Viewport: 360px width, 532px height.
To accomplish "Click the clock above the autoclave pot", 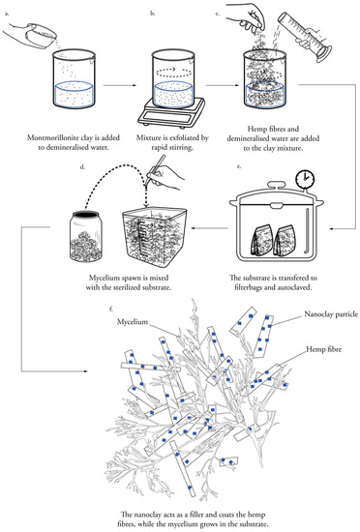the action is tap(305, 179).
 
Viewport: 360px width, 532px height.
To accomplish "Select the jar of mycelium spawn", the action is tap(85, 236).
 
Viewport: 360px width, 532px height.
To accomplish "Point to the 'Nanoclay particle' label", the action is tap(331, 314).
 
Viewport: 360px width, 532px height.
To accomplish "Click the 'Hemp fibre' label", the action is tap(323, 349).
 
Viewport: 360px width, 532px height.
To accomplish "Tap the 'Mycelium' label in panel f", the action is tap(133, 322).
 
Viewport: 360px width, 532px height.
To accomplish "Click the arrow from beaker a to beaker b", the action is tap(120, 85).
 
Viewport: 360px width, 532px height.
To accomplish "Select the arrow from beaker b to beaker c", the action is tap(223, 85).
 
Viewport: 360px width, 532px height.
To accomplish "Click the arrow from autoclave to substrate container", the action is tap(209, 228).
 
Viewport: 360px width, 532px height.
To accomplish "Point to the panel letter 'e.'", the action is tap(239, 166).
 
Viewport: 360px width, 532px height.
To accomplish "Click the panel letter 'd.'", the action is tap(83, 166).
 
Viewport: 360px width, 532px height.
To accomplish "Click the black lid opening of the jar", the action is tap(85, 214).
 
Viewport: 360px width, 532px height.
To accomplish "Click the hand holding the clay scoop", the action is tap(31, 34).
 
